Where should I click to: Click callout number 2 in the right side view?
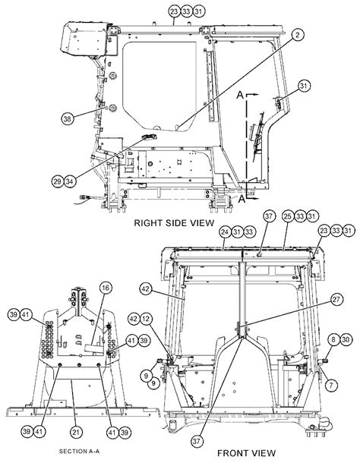click(x=298, y=36)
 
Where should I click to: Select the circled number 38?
click(x=68, y=118)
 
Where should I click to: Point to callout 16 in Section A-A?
click(x=106, y=287)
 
